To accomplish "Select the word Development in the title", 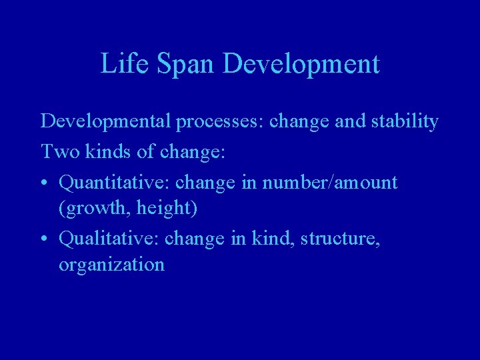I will [302, 64].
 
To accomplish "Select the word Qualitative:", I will [109, 238].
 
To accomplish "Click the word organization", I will [111, 265].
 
